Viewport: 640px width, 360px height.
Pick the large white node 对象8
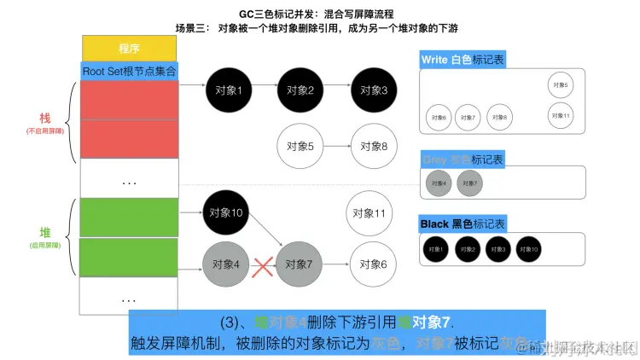point(372,146)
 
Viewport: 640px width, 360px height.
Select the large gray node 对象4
point(226,264)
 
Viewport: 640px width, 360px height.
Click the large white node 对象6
point(372,264)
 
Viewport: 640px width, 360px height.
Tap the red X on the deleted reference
point(264,265)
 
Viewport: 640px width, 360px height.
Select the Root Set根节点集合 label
point(129,71)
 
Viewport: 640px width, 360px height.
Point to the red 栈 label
point(45,117)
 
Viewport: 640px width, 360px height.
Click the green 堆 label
point(45,232)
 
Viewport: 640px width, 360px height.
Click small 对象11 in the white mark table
point(561,114)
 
